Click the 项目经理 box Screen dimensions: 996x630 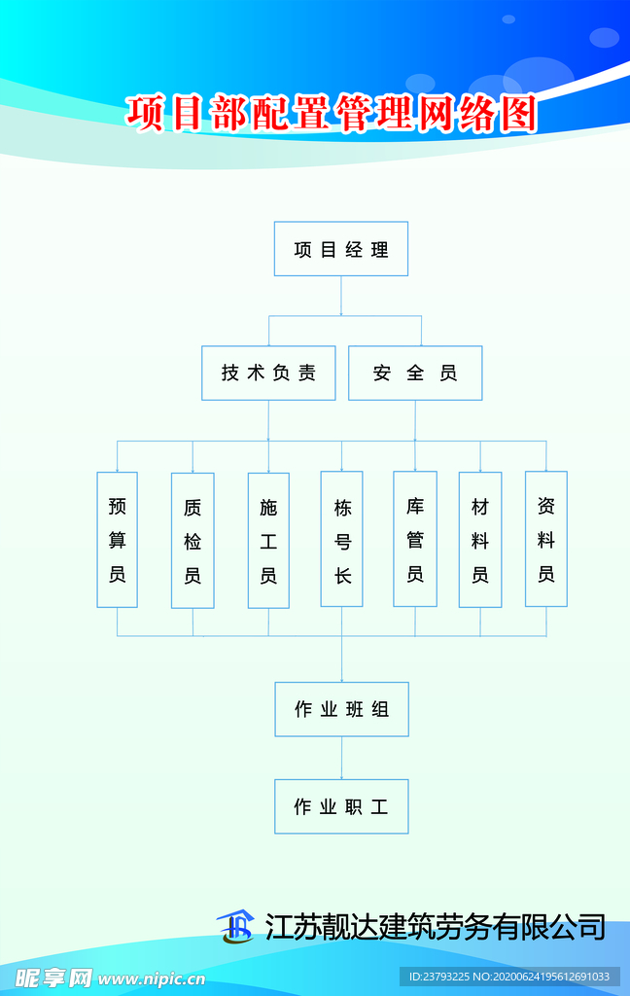(x=341, y=249)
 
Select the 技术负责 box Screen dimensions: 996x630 (x=268, y=373)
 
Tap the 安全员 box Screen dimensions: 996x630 (x=415, y=373)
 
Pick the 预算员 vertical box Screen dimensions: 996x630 (x=117, y=540)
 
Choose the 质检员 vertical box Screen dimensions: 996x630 (x=192, y=540)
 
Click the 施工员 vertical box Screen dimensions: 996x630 (x=268, y=540)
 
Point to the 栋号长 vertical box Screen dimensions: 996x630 (x=341, y=540)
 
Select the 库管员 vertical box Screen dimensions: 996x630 (x=415, y=539)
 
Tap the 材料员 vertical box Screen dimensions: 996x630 (x=480, y=540)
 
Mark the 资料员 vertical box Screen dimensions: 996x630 (x=546, y=539)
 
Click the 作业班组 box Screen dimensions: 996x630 (x=341, y=709)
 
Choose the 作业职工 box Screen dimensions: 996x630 (x=341, y=806)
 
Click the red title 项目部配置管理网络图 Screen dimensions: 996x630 (x=332, y=114)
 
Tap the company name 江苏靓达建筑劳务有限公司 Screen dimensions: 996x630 (x=436, y=927)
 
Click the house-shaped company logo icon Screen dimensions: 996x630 (x=234, y=927)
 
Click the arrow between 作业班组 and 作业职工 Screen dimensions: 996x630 (x=341, y=758)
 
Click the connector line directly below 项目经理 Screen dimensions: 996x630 (x=341, y=296)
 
